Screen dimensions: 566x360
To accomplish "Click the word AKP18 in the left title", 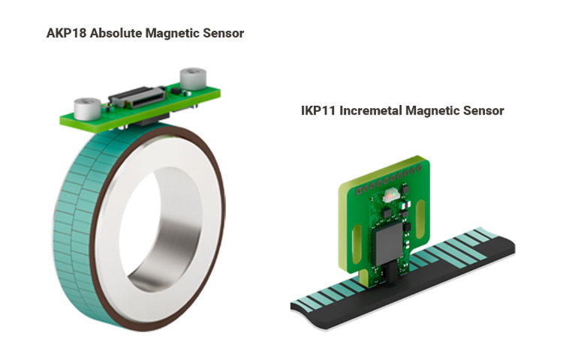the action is [67, 33].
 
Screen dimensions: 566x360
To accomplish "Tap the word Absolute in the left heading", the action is [116, 33].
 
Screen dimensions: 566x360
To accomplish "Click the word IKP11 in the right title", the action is [318, 110].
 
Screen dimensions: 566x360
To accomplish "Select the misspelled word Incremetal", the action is [371, 110].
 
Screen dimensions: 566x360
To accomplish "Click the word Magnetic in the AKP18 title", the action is [173, 33].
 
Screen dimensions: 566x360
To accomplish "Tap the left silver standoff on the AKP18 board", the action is [87, 109].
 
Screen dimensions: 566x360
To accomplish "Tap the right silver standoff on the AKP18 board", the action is [193, 78].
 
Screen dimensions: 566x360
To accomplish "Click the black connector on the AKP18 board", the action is [138, 97].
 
